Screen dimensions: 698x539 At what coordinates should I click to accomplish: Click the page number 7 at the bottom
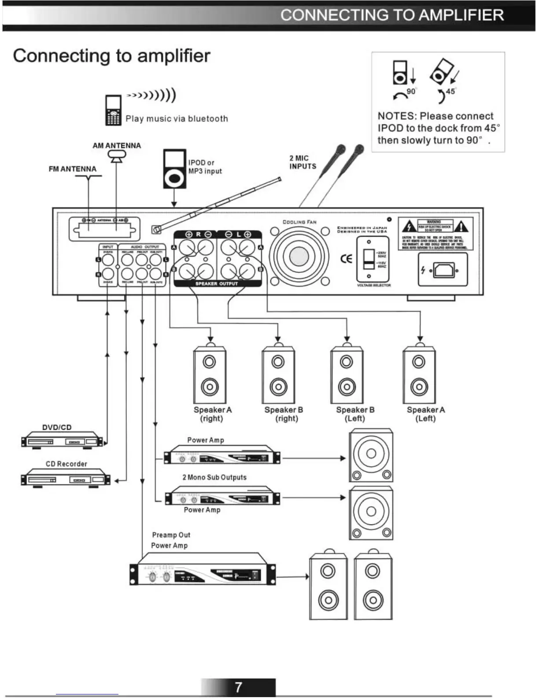238,687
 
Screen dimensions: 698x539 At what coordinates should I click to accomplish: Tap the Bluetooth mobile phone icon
113,110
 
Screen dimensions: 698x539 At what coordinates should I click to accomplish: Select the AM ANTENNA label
117,145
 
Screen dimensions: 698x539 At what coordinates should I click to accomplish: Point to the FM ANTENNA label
72,169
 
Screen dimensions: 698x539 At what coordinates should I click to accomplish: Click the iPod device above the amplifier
174,169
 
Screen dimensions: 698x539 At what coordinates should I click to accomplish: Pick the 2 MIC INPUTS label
303,162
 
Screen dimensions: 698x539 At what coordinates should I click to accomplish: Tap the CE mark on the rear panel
347,259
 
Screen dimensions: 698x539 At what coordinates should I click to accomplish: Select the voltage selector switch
369,259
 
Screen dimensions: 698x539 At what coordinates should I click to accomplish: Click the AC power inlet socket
443,270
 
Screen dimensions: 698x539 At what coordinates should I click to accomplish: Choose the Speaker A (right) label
212,414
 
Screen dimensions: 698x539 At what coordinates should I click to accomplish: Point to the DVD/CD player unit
62,441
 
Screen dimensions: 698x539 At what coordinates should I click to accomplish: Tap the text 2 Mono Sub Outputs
214,477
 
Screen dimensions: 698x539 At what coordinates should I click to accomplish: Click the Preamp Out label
171,535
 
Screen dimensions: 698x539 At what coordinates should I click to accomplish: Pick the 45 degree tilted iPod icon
442,71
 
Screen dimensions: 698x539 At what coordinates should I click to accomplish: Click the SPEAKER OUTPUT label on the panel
216,283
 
